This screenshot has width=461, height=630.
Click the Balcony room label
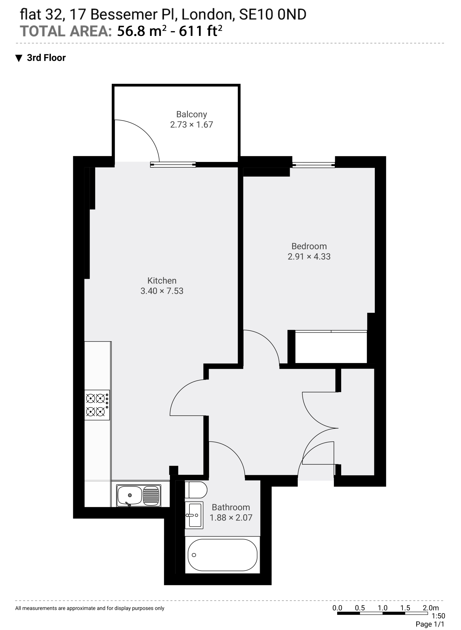click(191, 114)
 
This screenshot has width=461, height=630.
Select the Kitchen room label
click(162, 280)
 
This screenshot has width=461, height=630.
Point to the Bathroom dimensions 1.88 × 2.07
click(231, 517)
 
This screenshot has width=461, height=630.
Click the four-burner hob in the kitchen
click(97, 405)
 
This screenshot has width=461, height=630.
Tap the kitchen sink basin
click(139, 496)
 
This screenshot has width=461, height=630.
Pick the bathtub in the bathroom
click(222, 555)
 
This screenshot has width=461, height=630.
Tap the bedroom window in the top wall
click(313, 165)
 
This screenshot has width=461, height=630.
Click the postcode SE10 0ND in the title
click(273, 15)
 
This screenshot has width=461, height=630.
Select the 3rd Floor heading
click(46, 58)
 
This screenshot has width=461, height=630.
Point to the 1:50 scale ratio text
click(438, 615)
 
